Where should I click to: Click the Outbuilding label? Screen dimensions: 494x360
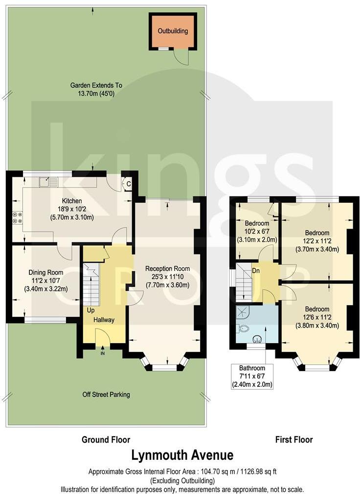[173, 31]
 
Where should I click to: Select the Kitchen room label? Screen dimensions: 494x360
[71, 201]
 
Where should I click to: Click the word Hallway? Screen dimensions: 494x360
[104, 320]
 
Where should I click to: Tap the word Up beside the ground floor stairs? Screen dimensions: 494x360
[91, 310]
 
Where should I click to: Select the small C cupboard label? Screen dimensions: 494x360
[128, 185]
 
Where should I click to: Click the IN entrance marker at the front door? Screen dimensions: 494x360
[103, 353]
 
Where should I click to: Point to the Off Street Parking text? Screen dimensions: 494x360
[106, 394]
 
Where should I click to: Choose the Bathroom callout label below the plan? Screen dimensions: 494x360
[252, 368]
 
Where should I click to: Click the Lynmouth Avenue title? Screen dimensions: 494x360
[182, 455]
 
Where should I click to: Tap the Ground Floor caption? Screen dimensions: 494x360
[106, 440]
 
